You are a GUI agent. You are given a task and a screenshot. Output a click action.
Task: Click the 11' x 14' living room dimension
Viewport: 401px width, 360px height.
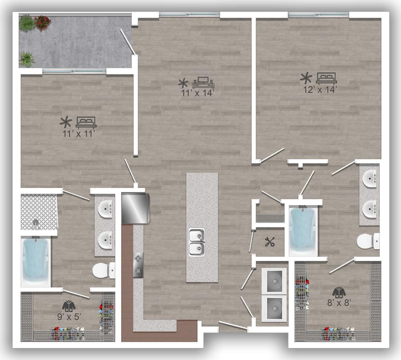click(x=198, y=93)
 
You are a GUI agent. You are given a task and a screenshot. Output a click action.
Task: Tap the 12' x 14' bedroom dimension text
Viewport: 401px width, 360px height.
click(x=320, y=89)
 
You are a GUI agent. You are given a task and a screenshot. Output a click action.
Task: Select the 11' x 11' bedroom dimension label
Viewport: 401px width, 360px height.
click(x=79, y=134)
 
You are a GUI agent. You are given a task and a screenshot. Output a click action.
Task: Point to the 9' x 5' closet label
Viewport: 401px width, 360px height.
click(x=69, y=316)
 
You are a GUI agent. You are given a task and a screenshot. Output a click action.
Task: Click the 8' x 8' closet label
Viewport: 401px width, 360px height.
click(x=339, y=303)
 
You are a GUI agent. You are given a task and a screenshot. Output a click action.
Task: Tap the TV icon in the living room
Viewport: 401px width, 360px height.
click(x=203, y=83)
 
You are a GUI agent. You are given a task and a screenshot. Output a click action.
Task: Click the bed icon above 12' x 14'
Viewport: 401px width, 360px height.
click(x=327, y=78)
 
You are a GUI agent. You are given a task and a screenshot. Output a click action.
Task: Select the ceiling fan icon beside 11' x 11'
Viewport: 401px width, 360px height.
click(x=66, y=122)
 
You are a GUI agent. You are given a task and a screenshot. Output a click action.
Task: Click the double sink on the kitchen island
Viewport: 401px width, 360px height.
click(x=197, y=242)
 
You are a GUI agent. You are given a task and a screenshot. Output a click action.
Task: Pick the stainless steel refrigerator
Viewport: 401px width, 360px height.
click(x=135, y=208)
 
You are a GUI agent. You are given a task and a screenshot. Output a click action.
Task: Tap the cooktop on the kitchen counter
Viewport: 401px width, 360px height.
click(x=138, y=265)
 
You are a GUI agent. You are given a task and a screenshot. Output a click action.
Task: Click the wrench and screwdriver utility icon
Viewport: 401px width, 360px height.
click(x=270, y=242)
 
